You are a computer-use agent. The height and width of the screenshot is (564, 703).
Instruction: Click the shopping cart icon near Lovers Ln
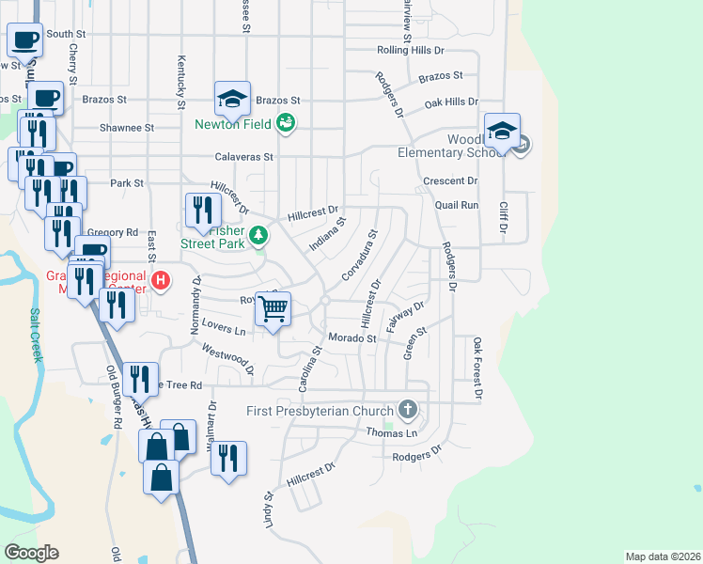[273, 309]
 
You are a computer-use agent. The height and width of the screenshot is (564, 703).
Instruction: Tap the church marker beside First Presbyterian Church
[407, 410]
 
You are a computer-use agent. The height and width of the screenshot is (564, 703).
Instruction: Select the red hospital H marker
[162, 280]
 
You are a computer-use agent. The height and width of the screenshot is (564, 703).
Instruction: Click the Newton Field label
[233, 124]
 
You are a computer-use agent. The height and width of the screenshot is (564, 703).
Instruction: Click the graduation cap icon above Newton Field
[231, 97]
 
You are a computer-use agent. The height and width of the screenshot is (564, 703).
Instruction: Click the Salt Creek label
[36, 336]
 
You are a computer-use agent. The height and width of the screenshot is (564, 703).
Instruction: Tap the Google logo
[31, 552]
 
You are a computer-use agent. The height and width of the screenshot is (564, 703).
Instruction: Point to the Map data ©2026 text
[662, 556]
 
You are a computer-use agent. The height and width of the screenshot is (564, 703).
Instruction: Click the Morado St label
[351, 338]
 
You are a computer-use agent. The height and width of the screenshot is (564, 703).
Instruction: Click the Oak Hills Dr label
[451, 102]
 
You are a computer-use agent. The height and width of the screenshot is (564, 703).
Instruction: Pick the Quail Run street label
[457, 204]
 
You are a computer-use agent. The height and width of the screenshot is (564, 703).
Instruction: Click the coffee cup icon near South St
[25, 39]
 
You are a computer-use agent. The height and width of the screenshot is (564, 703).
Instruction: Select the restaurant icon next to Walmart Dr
[227, 459]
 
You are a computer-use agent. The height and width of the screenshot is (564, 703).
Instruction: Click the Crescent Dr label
[451, 180]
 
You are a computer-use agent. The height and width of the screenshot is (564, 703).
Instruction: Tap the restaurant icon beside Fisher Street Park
[202, 211]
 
